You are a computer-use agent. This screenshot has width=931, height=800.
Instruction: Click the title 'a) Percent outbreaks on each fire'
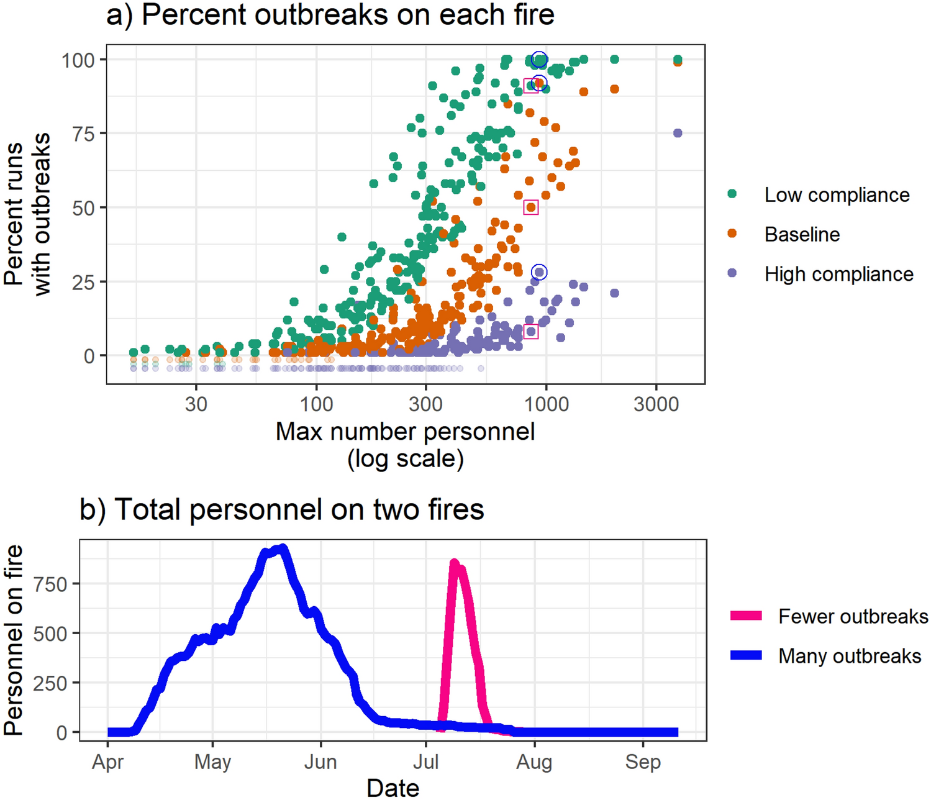(330, 15)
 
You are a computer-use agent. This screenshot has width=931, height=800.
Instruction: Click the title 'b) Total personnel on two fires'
(281, 509)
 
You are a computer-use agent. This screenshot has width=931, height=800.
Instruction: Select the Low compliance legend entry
(836, 194)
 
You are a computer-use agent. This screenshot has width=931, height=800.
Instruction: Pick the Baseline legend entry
(801, 234)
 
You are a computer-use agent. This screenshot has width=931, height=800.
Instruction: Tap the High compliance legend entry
(838, 274)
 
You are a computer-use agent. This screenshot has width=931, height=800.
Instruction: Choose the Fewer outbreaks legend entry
(852, 616)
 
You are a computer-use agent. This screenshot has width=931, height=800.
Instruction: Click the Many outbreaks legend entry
(849, 656)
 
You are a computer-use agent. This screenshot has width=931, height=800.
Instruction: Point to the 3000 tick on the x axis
(656, 404)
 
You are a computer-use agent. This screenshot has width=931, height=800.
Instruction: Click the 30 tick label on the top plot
(196, 404)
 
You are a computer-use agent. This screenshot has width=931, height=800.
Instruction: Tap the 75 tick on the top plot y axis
(83, 134)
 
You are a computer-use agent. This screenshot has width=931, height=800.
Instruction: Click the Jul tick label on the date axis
(426, 761)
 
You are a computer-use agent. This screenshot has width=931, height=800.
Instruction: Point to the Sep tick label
(643, 761)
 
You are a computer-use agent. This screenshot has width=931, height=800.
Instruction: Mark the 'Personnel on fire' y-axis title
(14, 640)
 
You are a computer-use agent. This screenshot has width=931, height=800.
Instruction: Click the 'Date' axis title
(393, 788)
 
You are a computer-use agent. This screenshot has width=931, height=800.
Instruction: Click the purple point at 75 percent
(678, 134)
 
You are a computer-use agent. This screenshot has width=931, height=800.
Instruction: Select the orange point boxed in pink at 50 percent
(530, 207)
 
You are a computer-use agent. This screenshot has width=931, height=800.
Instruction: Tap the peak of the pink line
(454, 563)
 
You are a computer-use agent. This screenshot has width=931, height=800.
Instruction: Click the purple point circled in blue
(539, 272)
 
